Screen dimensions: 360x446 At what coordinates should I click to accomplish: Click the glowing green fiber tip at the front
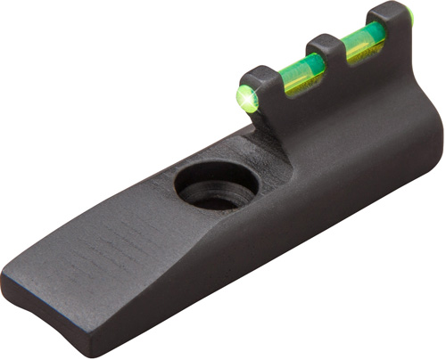click(x=247, y=97)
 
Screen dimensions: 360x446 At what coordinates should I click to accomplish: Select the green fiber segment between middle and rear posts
click(x=363, y=41)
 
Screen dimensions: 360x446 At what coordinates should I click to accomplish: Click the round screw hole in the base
click(x=216, y=184)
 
